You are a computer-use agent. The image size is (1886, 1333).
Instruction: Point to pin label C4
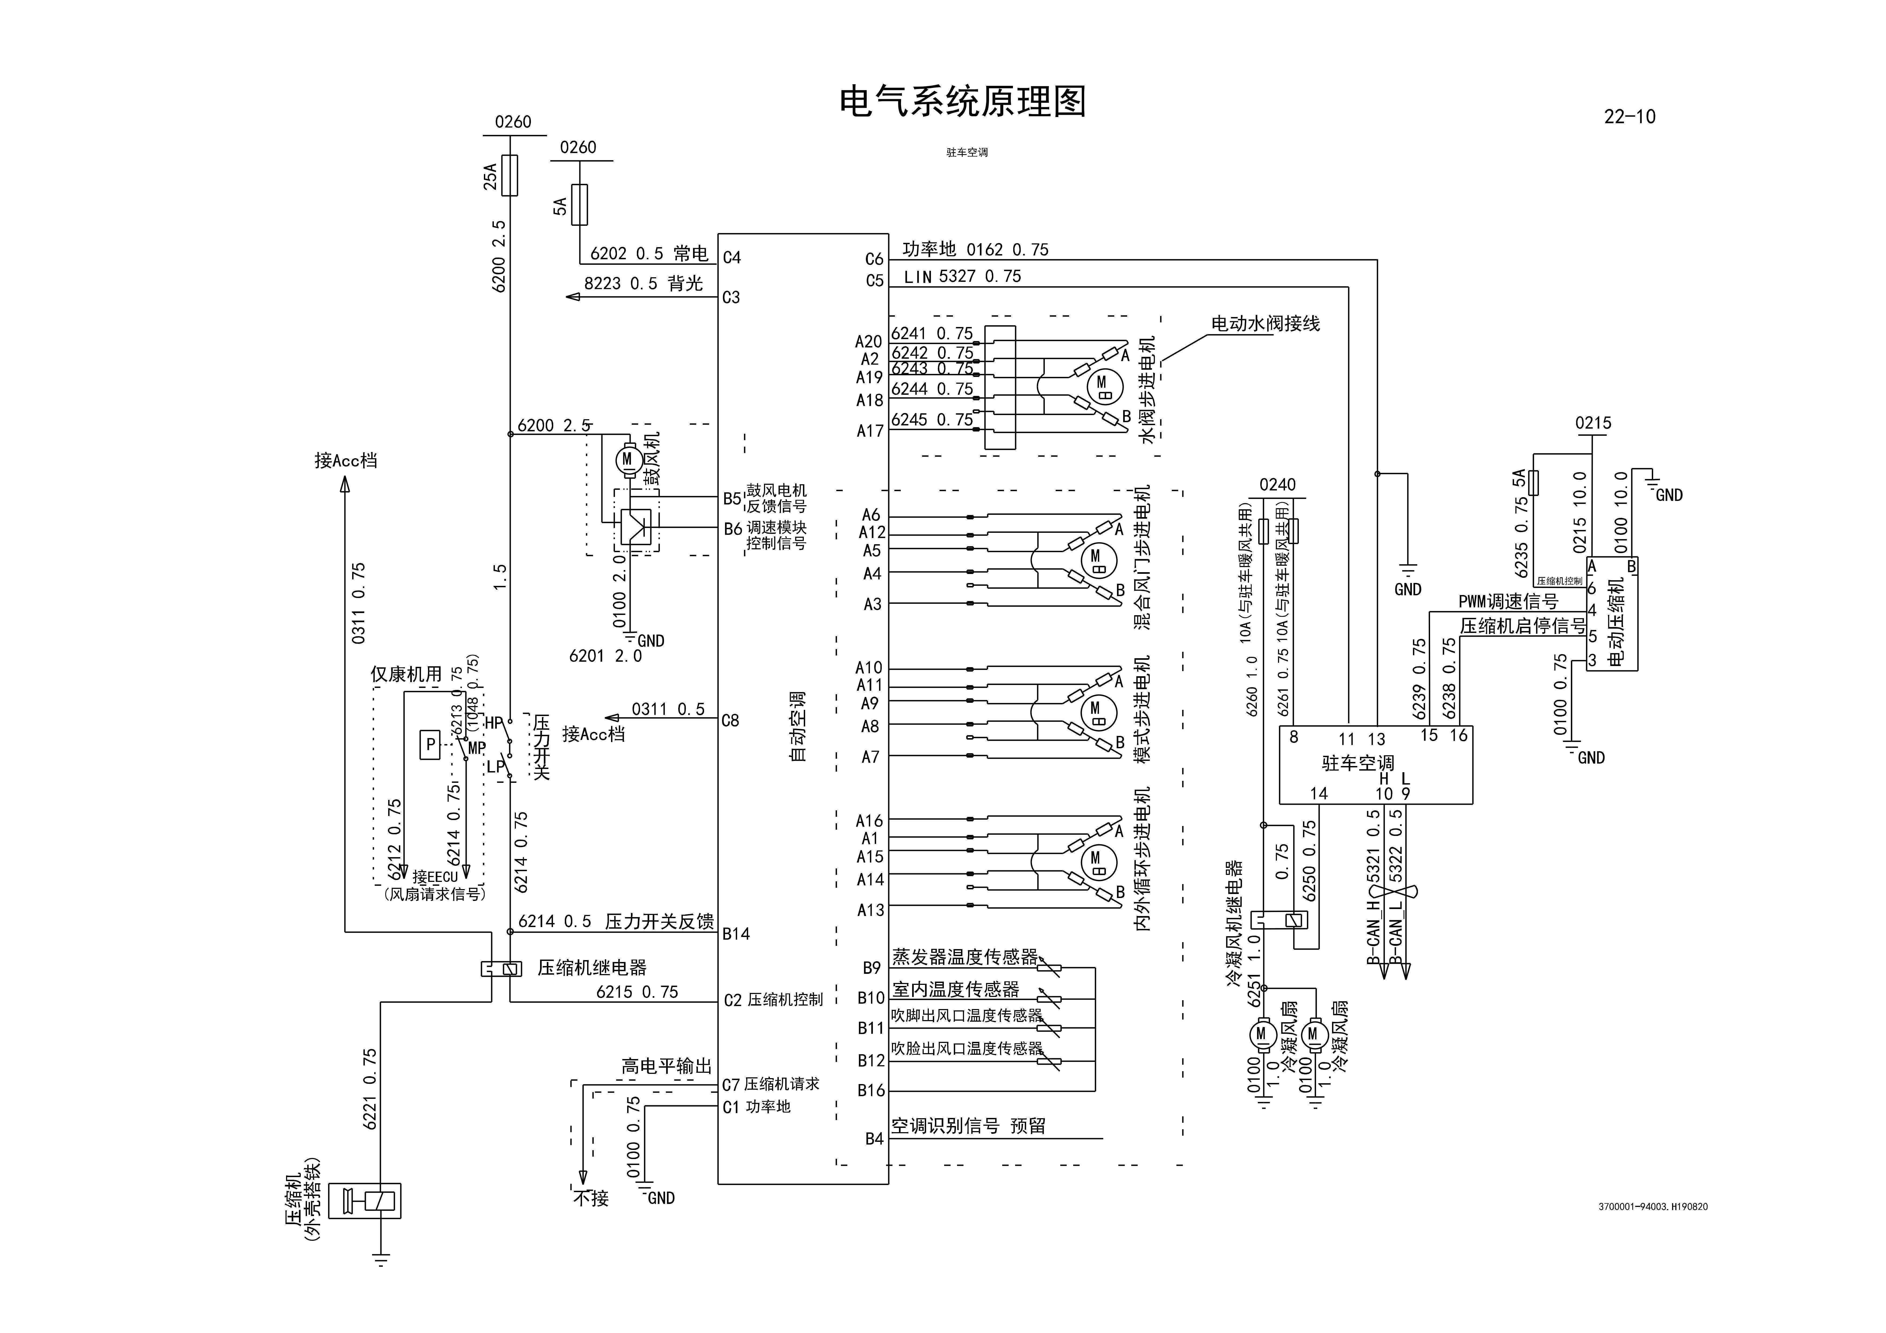pos(731,258)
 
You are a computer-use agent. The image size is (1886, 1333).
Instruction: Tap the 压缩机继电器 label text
pos(591,968)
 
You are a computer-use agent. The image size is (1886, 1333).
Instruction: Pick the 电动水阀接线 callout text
pos(1265,324)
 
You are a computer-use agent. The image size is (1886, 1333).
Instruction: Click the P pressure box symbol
pos(430,745)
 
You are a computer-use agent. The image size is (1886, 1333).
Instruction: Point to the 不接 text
pos(591,1198)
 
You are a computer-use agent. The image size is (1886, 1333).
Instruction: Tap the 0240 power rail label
pos(1277,484)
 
